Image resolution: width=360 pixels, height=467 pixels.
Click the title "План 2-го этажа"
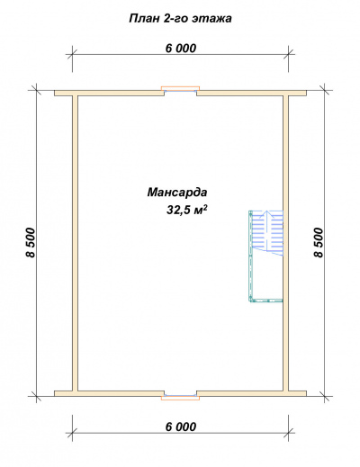180,19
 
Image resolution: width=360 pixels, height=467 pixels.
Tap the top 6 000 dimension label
181,48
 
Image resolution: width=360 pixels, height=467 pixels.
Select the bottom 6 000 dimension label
181,427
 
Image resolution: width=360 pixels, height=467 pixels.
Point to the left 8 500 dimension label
31,242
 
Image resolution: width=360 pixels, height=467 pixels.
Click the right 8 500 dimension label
319,242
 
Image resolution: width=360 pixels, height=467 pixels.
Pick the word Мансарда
177,192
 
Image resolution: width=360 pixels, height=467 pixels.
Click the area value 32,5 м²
187,210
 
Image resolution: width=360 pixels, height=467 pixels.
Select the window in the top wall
180,89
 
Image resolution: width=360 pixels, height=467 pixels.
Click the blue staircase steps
267,233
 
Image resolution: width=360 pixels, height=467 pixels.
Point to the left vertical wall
76,243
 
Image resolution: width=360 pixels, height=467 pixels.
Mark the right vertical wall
286,243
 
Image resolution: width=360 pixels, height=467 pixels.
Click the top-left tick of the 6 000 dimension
72,55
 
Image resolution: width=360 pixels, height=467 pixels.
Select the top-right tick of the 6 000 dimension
289,55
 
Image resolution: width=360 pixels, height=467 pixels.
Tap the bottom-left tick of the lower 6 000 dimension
72,433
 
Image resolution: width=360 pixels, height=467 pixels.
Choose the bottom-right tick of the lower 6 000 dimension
289,433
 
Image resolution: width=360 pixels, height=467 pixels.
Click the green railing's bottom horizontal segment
266,300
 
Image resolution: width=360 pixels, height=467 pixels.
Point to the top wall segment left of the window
109,93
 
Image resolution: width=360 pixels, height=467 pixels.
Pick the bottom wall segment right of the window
251,393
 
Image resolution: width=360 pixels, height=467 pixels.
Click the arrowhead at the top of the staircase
267,213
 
